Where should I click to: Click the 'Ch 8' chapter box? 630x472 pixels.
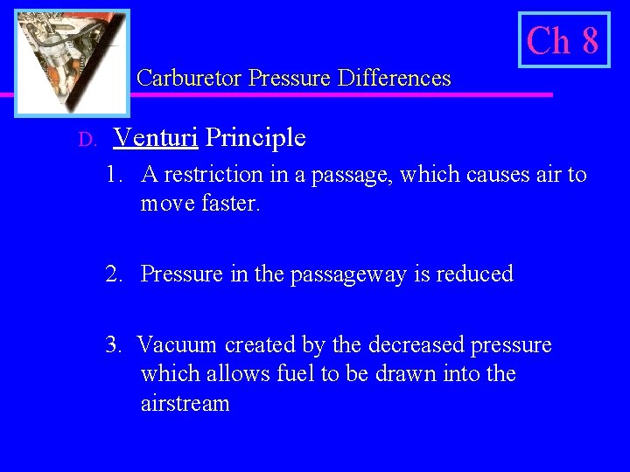pos(563,40)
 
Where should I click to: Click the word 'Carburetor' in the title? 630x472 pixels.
pos(190,79)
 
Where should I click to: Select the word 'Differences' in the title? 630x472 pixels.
pos(397,79)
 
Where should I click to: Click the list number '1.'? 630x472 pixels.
pos(115,175)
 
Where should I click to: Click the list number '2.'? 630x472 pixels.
pos(115,274)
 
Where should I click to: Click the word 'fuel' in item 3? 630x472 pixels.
pos(283,374)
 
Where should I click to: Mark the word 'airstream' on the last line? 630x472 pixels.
pos(185,404)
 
